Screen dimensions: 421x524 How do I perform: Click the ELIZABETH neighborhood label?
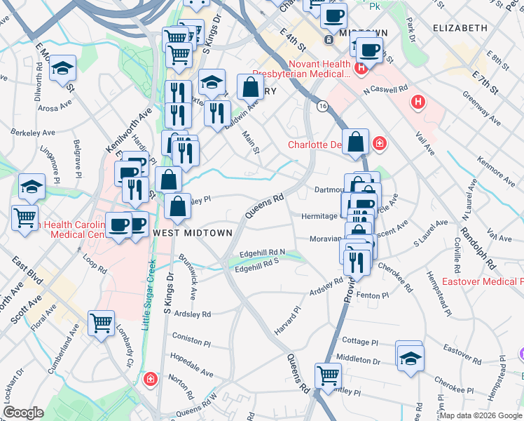pos(460,27)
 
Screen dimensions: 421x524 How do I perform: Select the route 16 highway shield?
pos(322,106)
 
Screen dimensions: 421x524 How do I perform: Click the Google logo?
pos(23,413)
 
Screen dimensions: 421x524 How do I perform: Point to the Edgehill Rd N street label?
pos(263,253)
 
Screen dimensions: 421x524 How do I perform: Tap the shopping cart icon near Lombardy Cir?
pos(101,323)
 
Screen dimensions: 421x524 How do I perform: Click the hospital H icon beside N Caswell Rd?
pos(419,102)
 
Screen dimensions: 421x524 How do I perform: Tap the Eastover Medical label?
pos(483,282)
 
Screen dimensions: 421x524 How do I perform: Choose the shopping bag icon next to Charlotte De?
pos(356,141)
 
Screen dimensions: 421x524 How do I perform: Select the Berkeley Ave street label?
pos(34,132)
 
